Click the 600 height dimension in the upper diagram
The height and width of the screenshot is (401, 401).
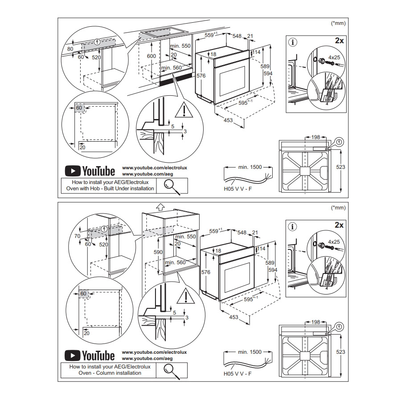(x=151, y=56)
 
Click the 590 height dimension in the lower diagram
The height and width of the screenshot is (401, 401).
(x=158, y=252)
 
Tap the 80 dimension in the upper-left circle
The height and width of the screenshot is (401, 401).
(x=70, y=49)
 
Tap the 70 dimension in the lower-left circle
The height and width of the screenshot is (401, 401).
(x=77, y=236)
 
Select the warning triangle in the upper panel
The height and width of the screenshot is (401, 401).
(x=184, y=110)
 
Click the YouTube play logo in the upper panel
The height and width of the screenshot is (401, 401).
(x=72, y=171)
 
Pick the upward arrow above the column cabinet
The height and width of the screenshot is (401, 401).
(x=160, y=207)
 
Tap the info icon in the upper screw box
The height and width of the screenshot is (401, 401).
(x=293, y=42)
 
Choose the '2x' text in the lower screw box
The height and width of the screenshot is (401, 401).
(x=340, y=225)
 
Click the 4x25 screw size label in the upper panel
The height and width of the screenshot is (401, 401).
(x=334, y=57)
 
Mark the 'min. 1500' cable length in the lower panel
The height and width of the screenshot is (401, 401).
(x=250, y=352)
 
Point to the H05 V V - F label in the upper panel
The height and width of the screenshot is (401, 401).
(x=238, y=189)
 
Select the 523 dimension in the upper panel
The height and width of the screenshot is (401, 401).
(x=341, y=167)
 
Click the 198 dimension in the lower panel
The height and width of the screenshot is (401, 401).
(x=315, y=322)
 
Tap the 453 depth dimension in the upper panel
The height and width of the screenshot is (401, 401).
(x=228, y=120)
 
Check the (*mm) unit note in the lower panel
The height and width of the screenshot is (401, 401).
(x=338, y=208)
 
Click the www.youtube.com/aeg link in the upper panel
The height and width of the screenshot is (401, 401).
(x=147, y=174)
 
